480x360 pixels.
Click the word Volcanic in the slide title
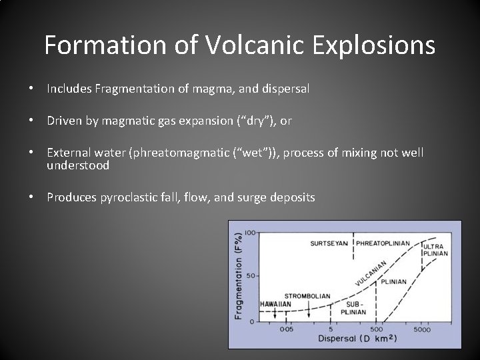pos(245,45)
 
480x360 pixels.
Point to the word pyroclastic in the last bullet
pos(128,197)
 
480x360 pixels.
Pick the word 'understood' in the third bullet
pos(77,165)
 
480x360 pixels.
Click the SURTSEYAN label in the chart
pos(329,243)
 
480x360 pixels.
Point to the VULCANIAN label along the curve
pos(370,273)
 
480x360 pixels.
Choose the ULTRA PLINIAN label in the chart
pos(435,250)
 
